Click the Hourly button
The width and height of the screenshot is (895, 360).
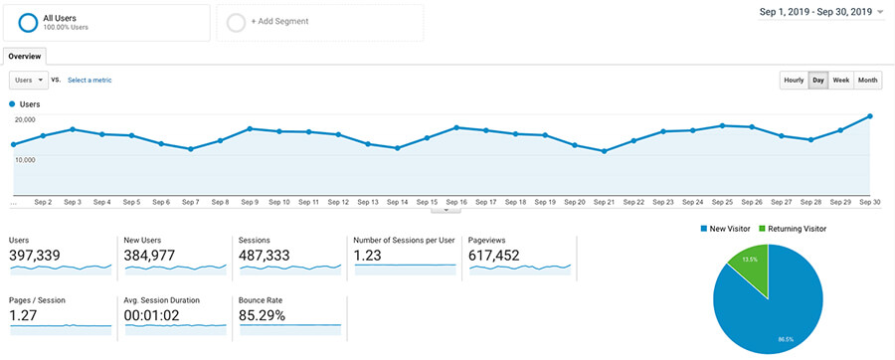point(794,80)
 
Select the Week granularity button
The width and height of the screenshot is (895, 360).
point(841,80)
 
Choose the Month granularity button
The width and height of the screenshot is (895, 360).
point(868,80)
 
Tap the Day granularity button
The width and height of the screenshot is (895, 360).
point(818,80)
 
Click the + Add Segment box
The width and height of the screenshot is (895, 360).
point(319,22)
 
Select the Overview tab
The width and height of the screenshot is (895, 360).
point(26,56)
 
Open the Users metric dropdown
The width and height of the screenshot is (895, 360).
point(28,80)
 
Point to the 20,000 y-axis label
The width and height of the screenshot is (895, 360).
point(25,119)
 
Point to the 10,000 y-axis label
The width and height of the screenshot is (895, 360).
point(25,159)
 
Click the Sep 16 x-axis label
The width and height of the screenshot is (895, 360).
point(456,202)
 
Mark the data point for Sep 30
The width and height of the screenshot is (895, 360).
point(870,116)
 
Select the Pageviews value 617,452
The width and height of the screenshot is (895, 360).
point(495,256)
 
